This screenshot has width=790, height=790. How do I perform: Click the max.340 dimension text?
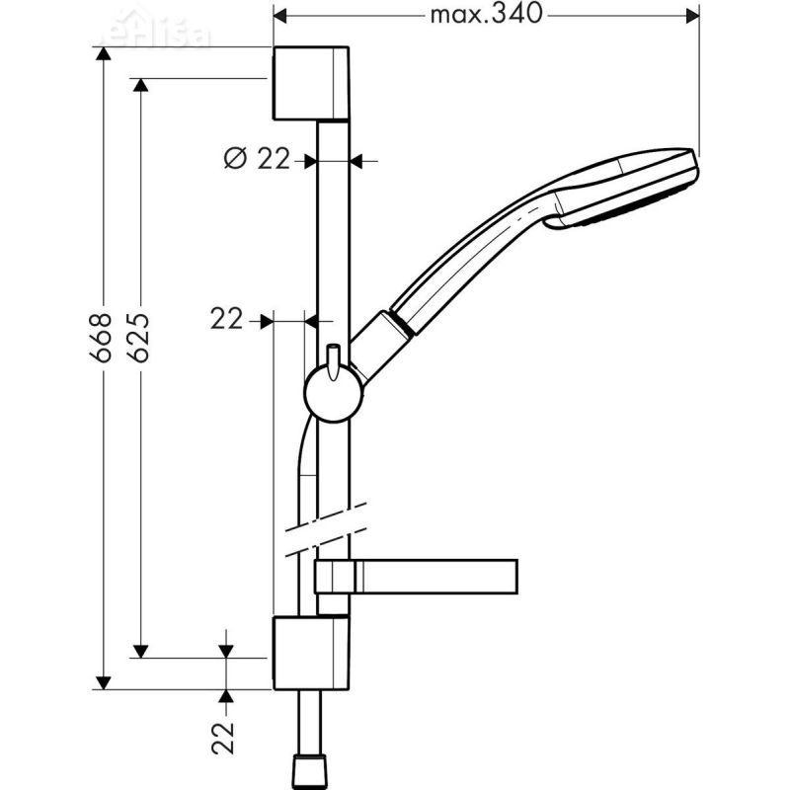tap(487, 15)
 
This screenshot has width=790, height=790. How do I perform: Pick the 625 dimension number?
tap(139, 339)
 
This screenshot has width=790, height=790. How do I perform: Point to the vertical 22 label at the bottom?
tap(226, 737)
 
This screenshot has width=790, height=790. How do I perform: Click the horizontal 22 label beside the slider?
tap(227, 319)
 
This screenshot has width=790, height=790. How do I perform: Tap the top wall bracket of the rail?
tap(310, 82)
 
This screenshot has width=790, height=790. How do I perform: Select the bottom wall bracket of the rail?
tap(310, 652)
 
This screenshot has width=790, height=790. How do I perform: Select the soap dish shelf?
tap(434, 576)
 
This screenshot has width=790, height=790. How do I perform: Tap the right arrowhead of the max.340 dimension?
tap(691, 15)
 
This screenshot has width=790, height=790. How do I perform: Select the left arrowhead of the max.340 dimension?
tap(280, 15)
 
